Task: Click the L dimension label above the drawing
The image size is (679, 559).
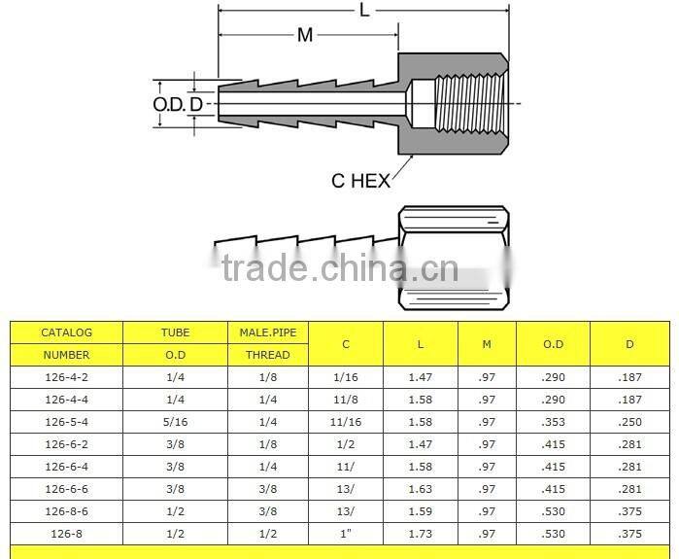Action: (x=365, y=10)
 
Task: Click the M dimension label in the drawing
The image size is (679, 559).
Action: (x=305, y=35)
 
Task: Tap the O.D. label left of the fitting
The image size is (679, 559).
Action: (x=169, y=104)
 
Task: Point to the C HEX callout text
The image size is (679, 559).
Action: (x=360, y=181)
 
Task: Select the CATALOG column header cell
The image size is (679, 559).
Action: (x=66, y=332)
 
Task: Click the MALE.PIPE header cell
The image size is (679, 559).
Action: (x=267, y=332)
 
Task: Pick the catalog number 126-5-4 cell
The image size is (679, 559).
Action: (x=66, y=421)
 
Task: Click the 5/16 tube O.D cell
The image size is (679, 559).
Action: (x=176, y=421)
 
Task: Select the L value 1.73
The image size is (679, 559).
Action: (x=420, y=534)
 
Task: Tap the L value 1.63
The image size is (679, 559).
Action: (x=420, y=489)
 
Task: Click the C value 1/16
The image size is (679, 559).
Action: (x=346, y=376)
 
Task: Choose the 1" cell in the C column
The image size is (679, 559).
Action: (x=346, y=534)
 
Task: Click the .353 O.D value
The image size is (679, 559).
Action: (x=553, y=421)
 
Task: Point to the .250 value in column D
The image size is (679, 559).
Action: (x=629, y=421)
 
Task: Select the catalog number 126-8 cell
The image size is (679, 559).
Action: (x=66, y=534)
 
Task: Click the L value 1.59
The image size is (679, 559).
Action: (x=420, y=511)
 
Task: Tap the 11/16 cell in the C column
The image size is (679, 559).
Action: (x=346, y=421)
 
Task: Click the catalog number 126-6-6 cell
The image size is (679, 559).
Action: (x=66, y=489)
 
